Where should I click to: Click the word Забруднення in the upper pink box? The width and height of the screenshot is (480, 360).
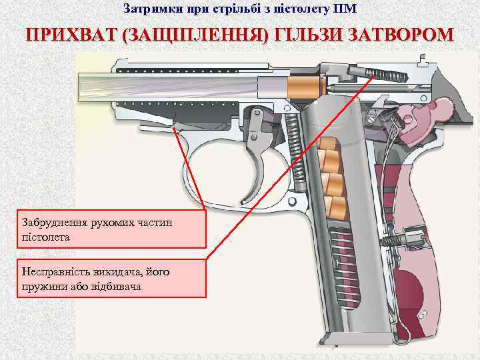(x=55, y=223)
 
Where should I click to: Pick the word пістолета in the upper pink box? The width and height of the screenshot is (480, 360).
(x=45, y=237)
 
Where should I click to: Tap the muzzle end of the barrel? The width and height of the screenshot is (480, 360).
(x=80, y=89)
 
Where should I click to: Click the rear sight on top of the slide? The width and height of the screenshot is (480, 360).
(x=424, y=60)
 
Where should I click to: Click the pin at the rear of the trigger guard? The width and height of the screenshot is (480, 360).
(x=292, y=201)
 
